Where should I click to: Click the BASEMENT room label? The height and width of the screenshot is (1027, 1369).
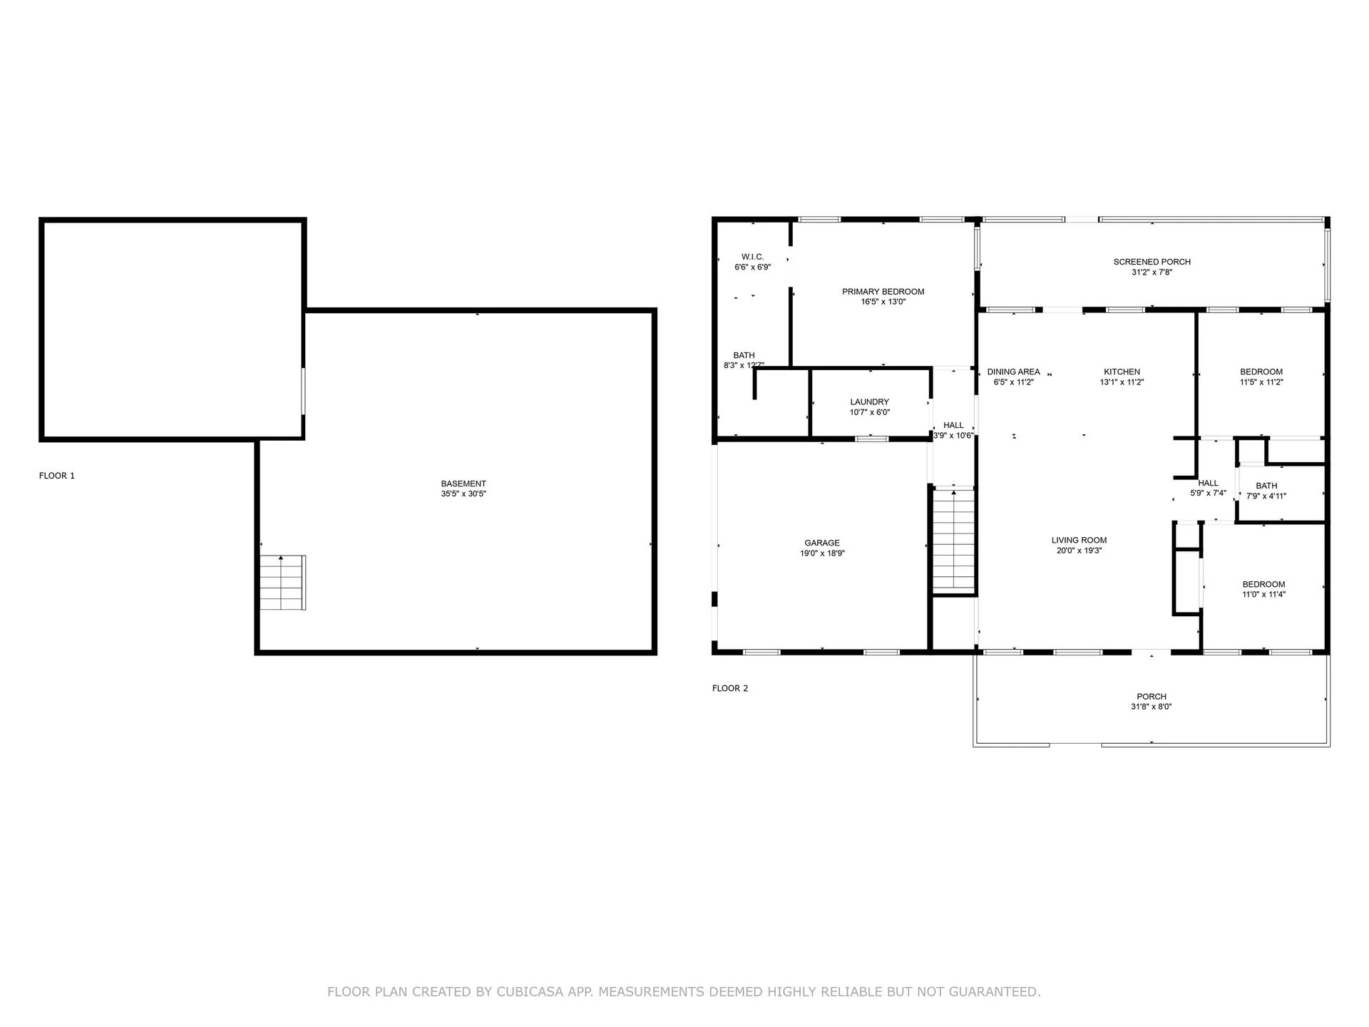pyautogui.click(x=463, y=484)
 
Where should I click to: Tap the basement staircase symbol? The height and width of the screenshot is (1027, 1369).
pyautogui.click(x=283, y=583)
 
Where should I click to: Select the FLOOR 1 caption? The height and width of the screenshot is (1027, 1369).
pyautogui.click(x=57, y=476)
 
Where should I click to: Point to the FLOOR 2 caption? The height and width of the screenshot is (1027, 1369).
pyautogui.click(x=730, y=688)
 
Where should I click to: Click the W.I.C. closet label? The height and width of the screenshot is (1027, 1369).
pyautogui.click(x=753, y=257)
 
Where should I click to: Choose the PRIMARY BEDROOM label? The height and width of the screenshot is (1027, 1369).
pyautogui.click(x=883, y=292)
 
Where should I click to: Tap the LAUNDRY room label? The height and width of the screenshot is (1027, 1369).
pyautogui.click(x=870, y=402)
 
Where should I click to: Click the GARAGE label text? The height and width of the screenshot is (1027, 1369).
pyautogui.click(x=822, y=543)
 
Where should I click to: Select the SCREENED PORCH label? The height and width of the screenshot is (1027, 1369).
pyautogui.click(x=1152, y=262)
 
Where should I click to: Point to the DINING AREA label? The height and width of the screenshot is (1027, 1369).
pyautogui.click(x=1013, y=372)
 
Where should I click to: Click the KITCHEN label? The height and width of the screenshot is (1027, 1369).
pyautogui.click(x=1122, y=372)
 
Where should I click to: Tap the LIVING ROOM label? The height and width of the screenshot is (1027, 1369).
pyautogui.click(x=1080, y=540)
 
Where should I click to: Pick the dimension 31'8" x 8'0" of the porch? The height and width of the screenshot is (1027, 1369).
pyautogui.click(x=1152, y=707)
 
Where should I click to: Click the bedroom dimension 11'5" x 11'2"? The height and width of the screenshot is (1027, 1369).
pyautogui.click(x=1261, y=382)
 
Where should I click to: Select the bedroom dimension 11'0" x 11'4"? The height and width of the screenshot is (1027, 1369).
pyautogui.click(x=1264, y=594)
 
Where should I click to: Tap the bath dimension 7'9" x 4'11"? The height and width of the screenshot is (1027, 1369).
pyautogui.click(x=1266, y=496)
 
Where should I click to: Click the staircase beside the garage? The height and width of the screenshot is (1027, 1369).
pyautogui.click(x=954, y=540)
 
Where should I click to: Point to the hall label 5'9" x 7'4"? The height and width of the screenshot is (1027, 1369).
pyautogui.click(x=1209, y=493)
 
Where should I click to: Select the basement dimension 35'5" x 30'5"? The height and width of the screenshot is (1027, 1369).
pyautogui.click(x=463, y=494)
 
